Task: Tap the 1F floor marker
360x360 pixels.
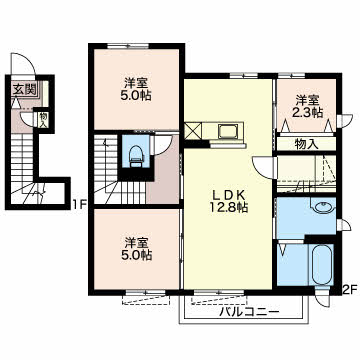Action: click(x=79, y=202)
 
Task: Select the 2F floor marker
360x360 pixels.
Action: click(x=349, y=290)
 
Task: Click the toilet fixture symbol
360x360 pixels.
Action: click(x=135, y=156)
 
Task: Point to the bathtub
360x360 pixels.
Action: click(x=322, y=264)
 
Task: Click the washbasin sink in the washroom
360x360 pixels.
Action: click(x=322, y=208)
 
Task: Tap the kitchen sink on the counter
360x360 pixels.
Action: click(x=228, y=131)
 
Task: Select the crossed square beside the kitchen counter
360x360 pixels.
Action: click(x=193, y=131)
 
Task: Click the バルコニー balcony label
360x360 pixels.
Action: click(x=249, y=312)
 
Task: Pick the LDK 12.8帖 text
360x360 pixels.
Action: click(x=228, y=201)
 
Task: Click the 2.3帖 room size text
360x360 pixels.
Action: click(x=308, y=113)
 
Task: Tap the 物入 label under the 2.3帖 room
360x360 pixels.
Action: click(x=307, y=145)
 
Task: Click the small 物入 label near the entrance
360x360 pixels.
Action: click(x=43, y=120)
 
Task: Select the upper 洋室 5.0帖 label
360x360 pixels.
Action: click(x=137, y=89)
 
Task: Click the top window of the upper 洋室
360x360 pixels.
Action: click(x=128, y=46)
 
